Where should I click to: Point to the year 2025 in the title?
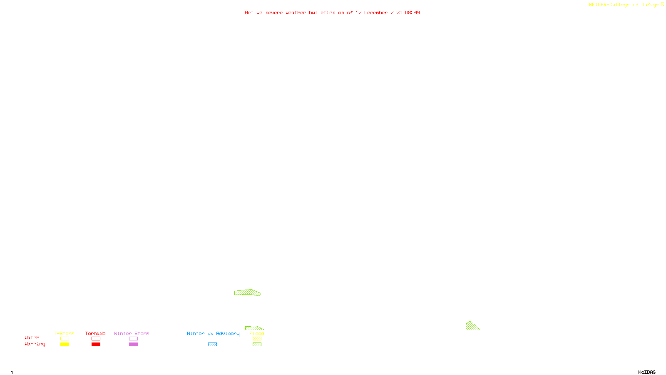click(x=396, y=13)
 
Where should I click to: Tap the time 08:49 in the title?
click(x=413, y=13)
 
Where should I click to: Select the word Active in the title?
click(x=253, y=13)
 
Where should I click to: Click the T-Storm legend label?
click(x=64, y=333)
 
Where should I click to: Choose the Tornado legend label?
click(x=95, y=333)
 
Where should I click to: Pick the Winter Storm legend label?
click(x=132, y=333)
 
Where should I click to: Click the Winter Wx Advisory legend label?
click(x=213, y=333)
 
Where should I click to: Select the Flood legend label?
click(x=257, y=333)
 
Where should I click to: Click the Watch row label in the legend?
click(x=32, y=338)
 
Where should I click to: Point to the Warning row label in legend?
click(x=35, y=344)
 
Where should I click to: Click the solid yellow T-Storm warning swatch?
click(x=65, y=345)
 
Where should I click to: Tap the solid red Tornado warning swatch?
click(x=96, y=345)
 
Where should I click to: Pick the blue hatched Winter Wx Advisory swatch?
click(x=212, y=345)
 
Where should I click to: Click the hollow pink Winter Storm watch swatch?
click(x=133, y=339)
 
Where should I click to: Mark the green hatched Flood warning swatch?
click(x=257, y=345)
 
